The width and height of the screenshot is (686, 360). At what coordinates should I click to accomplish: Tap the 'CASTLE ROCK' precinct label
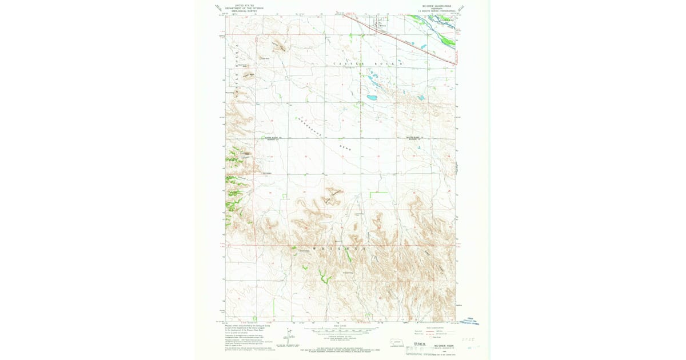coord(369,63)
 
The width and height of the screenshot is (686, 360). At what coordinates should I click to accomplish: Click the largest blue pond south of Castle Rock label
coord(372,98)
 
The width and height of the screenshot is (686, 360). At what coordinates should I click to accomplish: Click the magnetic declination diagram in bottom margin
coord(287,334)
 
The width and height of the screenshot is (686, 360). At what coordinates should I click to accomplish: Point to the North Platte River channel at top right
coord(440,23)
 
